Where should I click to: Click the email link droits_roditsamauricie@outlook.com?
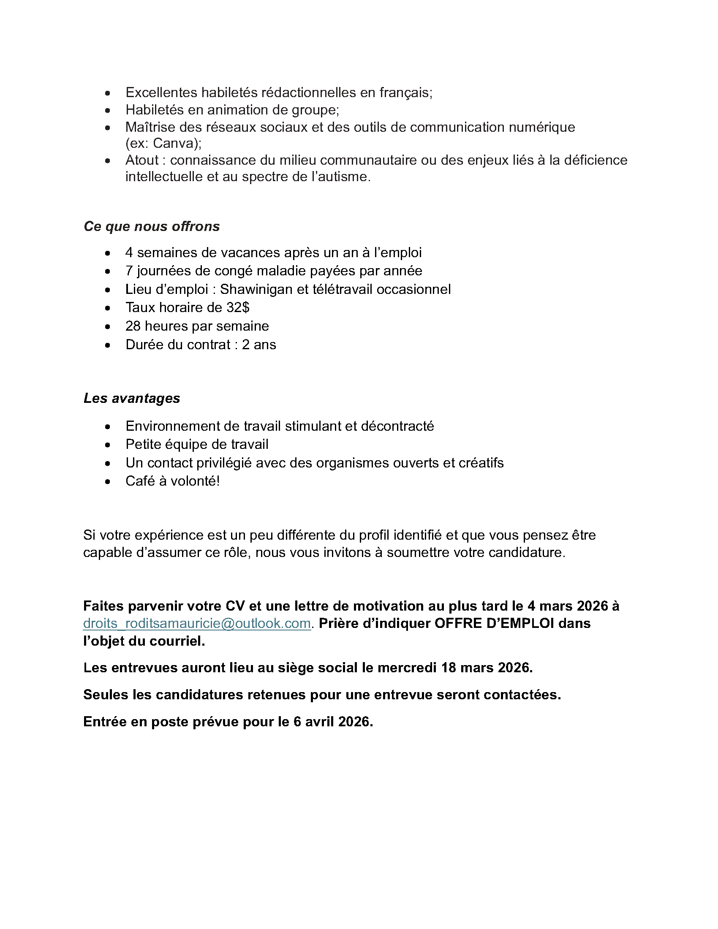coord(197,624)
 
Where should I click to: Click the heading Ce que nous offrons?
coord(152,226)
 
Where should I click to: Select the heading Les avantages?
coord(132,398)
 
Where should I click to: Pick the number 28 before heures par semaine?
coord(133,326)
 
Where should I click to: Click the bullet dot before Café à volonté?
coord(108,482)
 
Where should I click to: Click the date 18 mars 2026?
coord(486,667)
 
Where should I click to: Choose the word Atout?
coord(142,160)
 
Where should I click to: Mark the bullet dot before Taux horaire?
coord(108,308)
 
